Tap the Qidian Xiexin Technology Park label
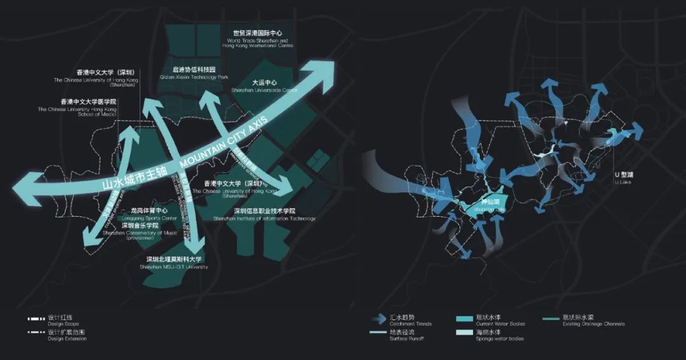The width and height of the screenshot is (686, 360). [x=194, y=73]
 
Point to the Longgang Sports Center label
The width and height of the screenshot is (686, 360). [x=149, y=214]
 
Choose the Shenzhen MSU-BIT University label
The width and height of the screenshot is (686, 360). [x=173, y=263]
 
